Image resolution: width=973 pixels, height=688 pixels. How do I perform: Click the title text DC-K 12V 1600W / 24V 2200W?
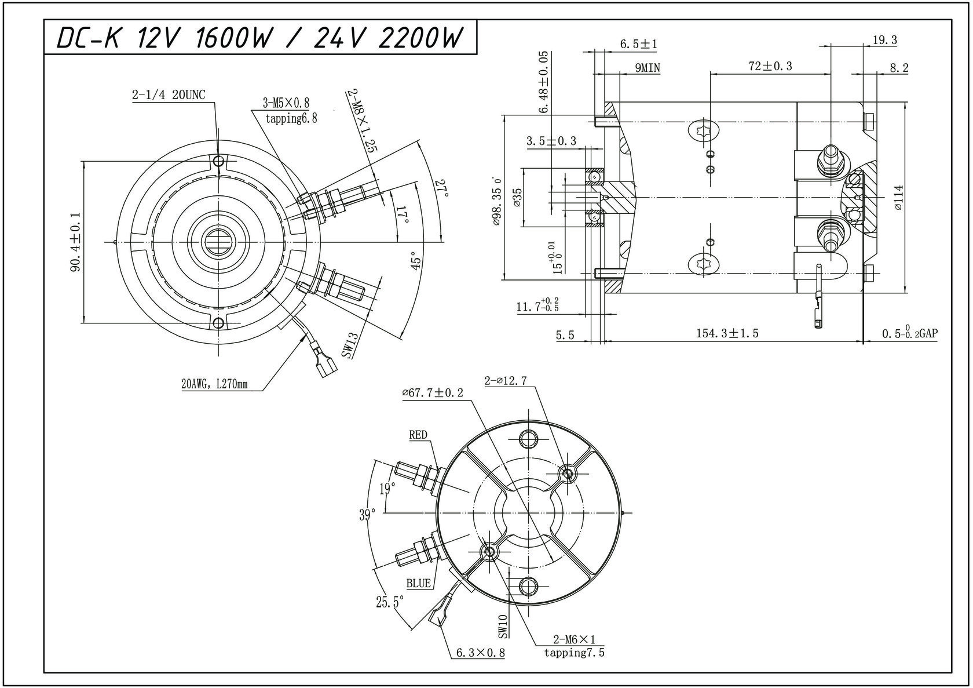(261, 38)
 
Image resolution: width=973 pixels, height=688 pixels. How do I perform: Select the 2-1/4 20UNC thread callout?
(168, 95)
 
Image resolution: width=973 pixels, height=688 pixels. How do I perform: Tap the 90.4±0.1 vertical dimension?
(76, 242)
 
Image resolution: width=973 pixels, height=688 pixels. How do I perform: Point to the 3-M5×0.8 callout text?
(286, 103)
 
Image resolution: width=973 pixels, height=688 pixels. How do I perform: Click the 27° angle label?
(442, 189)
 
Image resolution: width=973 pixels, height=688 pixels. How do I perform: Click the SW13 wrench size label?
(349, 345)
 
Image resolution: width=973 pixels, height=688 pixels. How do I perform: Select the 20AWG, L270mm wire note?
(214, 384)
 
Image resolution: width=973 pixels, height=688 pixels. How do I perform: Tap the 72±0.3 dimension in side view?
(770, 67)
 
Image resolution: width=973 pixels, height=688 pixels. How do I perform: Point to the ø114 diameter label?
(898, 197)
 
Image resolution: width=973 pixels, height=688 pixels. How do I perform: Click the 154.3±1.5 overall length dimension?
(727, 333)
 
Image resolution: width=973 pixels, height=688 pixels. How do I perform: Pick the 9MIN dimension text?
(647, 68)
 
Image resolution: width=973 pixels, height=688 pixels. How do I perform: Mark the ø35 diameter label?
(517, 197)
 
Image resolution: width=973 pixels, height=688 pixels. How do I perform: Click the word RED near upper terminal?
(418, 435)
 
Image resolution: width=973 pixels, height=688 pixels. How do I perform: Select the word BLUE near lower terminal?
(418, 583)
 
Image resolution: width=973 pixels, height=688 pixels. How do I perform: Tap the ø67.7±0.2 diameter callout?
(432, 393)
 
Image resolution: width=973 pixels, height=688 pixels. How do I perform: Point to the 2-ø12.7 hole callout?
(505, 381)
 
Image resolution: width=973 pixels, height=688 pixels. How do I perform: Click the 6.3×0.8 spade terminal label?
(480, 653)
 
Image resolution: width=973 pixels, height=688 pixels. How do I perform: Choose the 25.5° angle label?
(389, 603)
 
